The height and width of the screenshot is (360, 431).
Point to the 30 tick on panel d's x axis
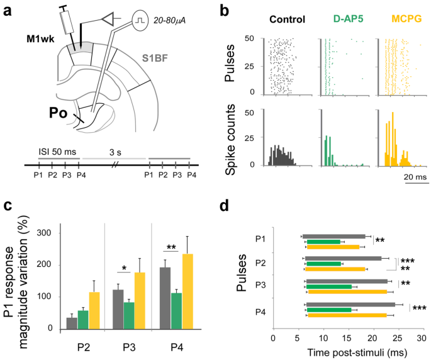[x=423, y=337]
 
